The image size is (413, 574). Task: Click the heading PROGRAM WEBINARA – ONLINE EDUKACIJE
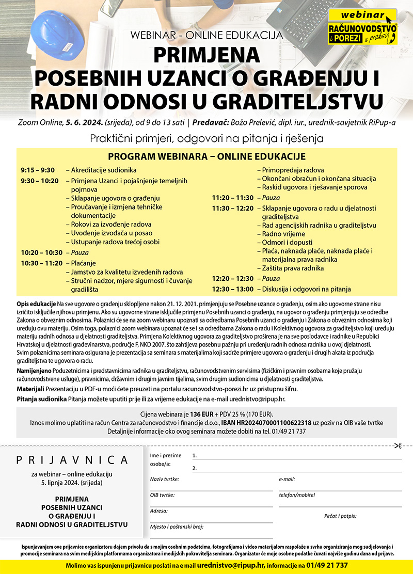pyautogui.click(x=206, y=156)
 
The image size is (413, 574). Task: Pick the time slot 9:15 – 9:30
pyautogui.click(x=38, y=170)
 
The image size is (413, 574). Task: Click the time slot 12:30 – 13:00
pyautogui.click(x=233, y=289)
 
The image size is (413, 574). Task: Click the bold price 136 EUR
pyautogui.click(x=203, y=414)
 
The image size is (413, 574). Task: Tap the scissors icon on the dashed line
pyautogui.click(x=398, y=446)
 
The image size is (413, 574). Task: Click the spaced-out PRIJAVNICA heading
pyautogui.click(x=72, y=459)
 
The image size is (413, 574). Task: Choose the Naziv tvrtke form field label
pyautogui.click(x=164, y=479)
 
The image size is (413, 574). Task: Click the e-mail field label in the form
pyautogui.click(x=287, y=479)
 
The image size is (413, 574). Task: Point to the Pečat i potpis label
pyautogui.click(x=340, y=516)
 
